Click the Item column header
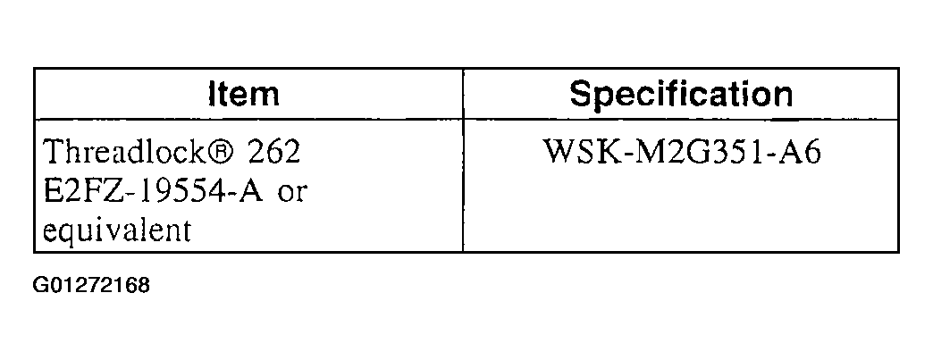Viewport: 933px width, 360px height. click(244, 95)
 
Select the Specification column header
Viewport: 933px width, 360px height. click(681, 95)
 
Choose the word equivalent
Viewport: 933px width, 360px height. click(117, 230)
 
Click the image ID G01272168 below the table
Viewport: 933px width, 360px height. click(92, 286)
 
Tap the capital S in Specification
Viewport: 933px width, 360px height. click(582, 95)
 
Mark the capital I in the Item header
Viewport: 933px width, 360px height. click(213, 95)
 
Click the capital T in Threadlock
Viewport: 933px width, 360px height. click(54, 152)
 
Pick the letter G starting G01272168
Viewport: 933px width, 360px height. click(40, 286)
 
